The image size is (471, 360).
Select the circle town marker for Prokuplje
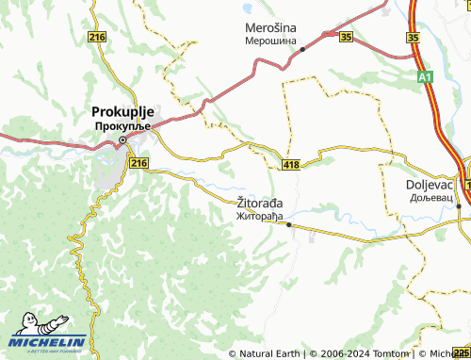122,141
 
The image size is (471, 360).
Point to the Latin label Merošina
271,28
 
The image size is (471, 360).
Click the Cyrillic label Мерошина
271,42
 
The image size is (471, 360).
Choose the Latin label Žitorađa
259,202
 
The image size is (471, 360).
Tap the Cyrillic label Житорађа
259,215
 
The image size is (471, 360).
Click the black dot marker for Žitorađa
288,225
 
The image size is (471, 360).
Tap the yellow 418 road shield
291,165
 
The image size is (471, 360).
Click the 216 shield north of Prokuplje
96,36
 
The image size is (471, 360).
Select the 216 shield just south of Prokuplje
139,163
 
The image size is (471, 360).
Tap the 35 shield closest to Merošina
346,37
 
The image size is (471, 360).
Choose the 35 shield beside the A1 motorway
413,37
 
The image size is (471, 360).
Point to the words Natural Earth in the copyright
268,353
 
